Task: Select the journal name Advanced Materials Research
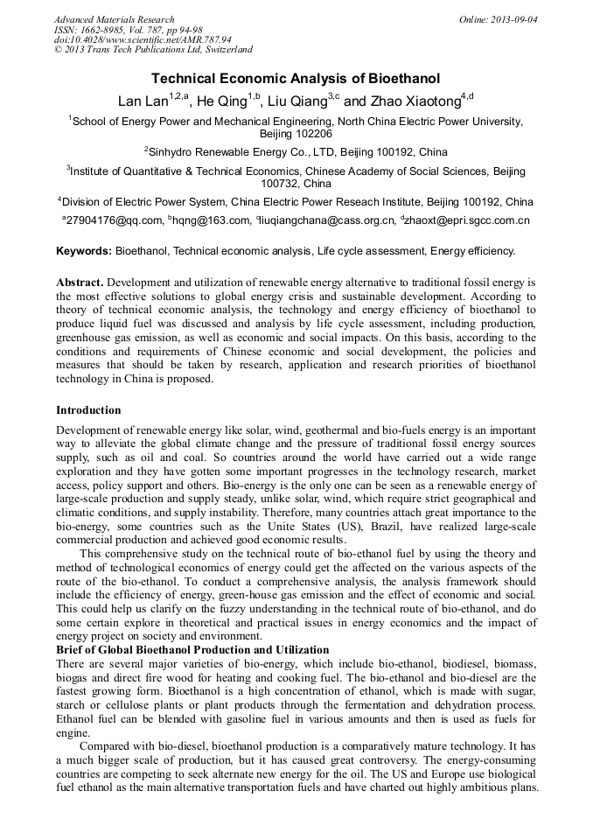click(x=114, y=19)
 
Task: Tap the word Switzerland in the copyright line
click(x=225, y=50)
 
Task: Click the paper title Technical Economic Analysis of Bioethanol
click(x=296, y=79)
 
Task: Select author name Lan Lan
click(x=142, y=101)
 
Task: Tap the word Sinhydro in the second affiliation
click(x=175, y=151)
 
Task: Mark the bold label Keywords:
click(x=84, y=250)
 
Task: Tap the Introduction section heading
click(x=88, y=410)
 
